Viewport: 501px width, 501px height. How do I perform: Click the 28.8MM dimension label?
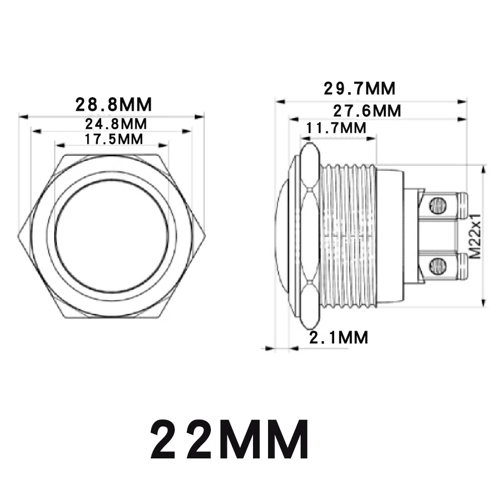[113, 105]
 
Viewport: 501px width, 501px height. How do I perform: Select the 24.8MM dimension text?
[116, 124]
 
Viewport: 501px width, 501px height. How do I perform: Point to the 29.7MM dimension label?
[359, 89]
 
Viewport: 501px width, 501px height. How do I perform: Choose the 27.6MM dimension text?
[367, 111]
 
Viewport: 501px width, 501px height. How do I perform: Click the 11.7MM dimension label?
[336, 128]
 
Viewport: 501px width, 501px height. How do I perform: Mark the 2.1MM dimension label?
[339, 337]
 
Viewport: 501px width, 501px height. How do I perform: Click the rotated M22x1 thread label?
[476, 236]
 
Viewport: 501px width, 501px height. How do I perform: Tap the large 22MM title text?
[230, 439]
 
